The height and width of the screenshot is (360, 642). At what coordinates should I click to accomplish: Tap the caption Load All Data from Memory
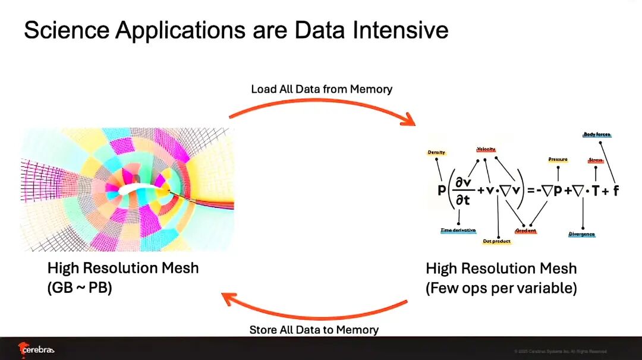coord(322,89)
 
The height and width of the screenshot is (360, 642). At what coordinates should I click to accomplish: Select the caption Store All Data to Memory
coord(314,329)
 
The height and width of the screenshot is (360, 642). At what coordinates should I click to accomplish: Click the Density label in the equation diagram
coord(436,153)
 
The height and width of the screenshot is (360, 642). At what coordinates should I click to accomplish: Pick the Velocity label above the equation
coord(486,149)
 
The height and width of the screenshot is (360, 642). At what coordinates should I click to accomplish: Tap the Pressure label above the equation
coord(558,160)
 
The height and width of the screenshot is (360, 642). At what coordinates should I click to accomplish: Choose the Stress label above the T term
coord(595,160)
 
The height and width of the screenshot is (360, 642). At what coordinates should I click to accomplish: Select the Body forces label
coord(597,135)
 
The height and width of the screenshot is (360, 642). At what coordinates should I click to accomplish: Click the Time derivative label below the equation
coord(458,230)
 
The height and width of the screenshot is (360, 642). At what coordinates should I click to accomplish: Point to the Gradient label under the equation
coord(525,230)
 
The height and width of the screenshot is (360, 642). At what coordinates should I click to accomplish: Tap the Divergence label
coord(581,234)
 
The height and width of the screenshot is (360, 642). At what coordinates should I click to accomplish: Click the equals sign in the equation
coord(530,191)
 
